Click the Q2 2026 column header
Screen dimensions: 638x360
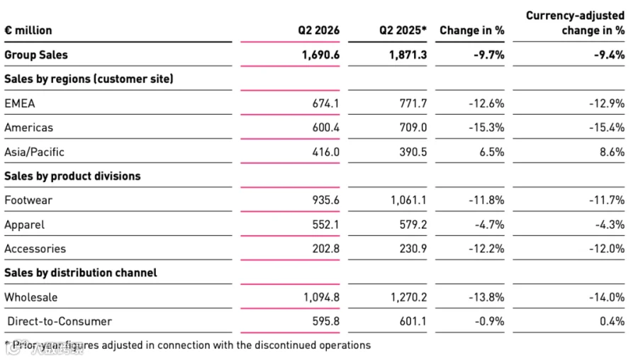tap(318, 30)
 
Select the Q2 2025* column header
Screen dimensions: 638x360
tap(403, 30)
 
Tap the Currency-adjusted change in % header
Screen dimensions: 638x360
tap(575, 23)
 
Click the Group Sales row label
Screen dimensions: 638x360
tap(36, 55)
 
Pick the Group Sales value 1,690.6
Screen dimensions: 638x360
tap(320, 55)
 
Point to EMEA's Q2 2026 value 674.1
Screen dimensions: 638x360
tap(325, 103)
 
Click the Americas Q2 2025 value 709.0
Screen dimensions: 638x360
tap(413, 128)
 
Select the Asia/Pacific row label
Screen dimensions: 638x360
tap(35, 152)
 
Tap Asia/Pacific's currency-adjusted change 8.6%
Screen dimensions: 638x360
tap(612, 152)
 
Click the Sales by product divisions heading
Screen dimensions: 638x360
tap(72, 176)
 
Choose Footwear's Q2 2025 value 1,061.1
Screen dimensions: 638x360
tap(408, 200)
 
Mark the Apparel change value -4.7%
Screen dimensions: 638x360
tap(489, 225)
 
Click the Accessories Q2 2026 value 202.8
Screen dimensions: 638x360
tap(325, 249)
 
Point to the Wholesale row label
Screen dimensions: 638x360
tap(31, 298)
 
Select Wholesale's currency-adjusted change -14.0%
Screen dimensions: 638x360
tap(607, 298)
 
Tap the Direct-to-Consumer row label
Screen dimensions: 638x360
tap(60, 321)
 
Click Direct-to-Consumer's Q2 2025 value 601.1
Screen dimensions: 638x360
tap(413, 321)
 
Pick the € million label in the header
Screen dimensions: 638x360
tap(28, 30)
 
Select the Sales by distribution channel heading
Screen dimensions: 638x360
tap(81, 273)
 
